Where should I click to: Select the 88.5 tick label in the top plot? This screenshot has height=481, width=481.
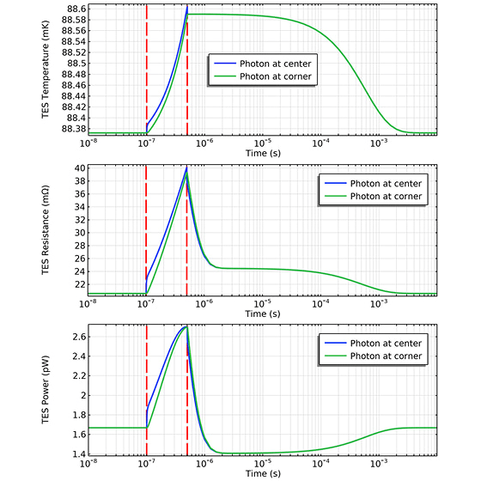coord(72,63)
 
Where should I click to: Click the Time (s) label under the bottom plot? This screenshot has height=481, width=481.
coord(262,473)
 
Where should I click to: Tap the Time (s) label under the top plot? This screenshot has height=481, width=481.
coord(262,153)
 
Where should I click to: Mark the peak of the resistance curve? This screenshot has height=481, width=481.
coord(186,168)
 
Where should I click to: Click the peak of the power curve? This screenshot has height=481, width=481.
coord(186,326)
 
